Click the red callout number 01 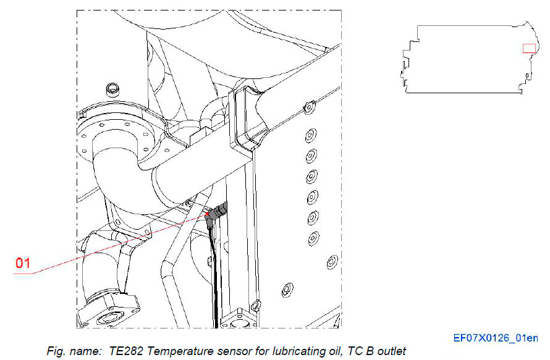[23, 263]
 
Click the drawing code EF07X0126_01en [496, 338]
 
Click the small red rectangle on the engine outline [529, 49]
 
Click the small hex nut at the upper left [113, 87]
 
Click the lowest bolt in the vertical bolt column [313, 237]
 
